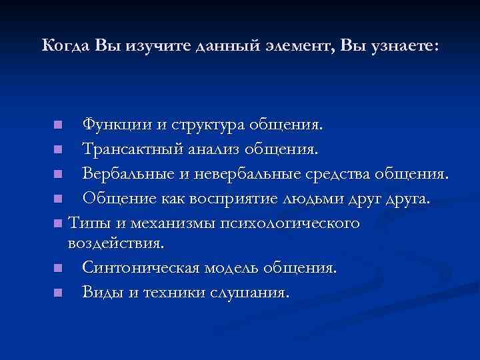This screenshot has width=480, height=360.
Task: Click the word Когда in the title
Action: point(65,46)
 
